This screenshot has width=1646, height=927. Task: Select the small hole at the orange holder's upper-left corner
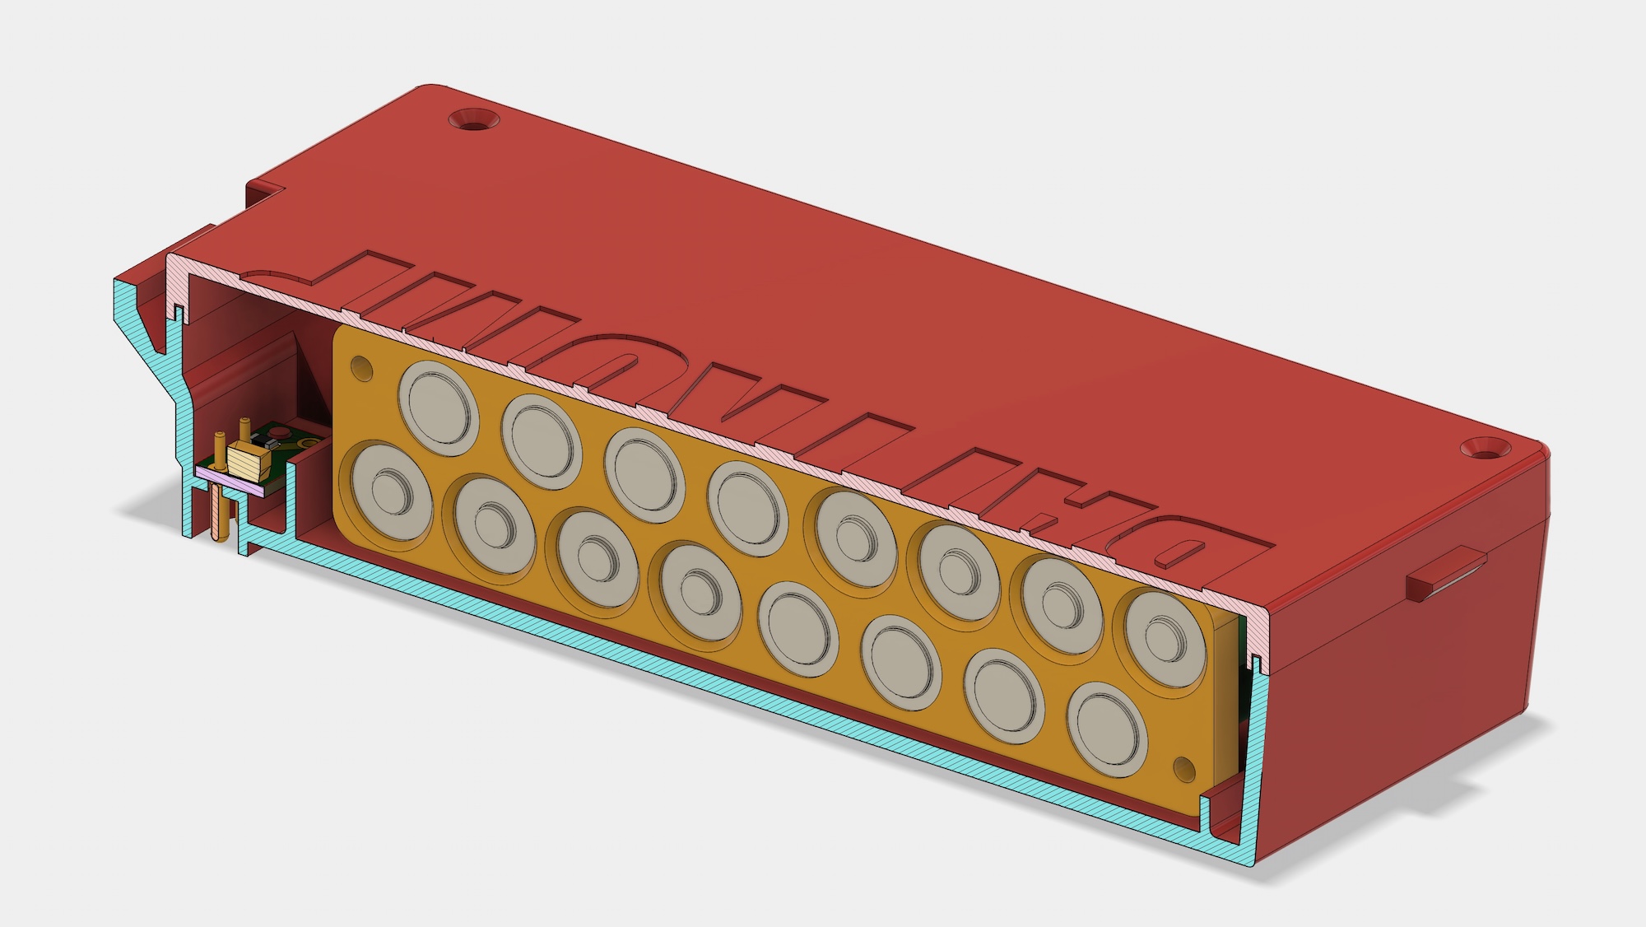pyautogui.click(x=360, y=365)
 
